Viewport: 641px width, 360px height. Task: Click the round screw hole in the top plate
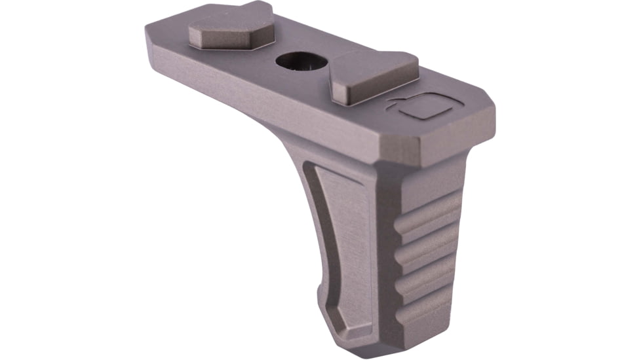click(x=301, y=62)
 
